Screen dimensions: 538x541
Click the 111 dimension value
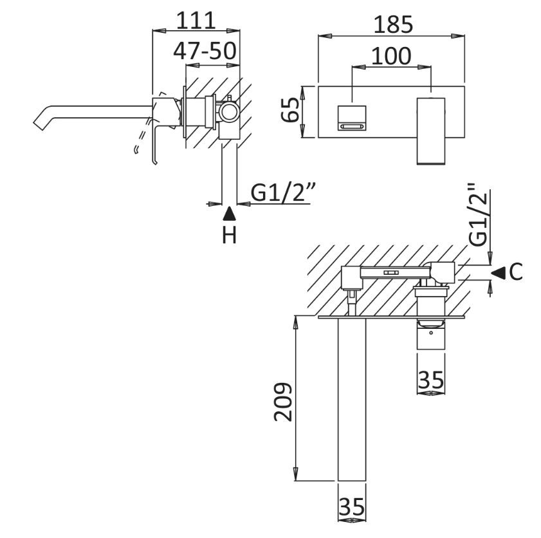[196, 21]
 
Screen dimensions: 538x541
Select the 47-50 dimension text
[205, 51]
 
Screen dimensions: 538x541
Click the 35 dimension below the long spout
[351, 508]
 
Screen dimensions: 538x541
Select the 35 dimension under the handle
[430, 380]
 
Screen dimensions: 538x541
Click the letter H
[230, 236]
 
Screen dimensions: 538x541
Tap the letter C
[515, 273]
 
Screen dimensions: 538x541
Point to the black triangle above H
[230, 212]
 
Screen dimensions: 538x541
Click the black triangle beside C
[497, 273]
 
